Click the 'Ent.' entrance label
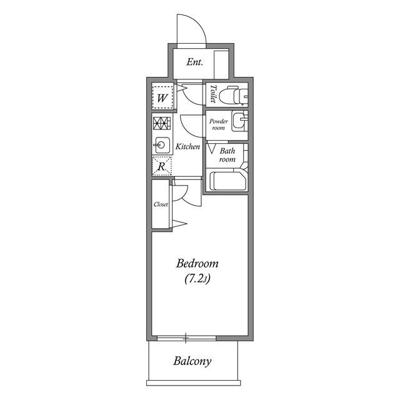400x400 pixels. coord(195,62)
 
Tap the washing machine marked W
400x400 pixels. coord(162,97)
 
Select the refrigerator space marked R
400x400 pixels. coord(161,166)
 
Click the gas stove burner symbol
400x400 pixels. coord(161,123)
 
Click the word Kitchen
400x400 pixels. coord(187,147)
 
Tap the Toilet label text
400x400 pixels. coord(213,94)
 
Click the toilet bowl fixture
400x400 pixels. coord(236,95)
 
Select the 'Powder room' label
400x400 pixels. coord(217,124)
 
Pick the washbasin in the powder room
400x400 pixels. coord(239,120)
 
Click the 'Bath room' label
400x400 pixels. coord(227,155)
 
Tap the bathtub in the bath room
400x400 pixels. coord(229,181)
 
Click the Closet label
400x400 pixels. coord(161,204)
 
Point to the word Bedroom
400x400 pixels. coord(197,263)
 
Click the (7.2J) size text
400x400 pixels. coord(197,279)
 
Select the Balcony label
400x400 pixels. coord(192,361)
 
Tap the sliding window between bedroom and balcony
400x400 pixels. coord(186,339)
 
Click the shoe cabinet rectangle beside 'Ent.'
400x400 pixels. coord(222,62)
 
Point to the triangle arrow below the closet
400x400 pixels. coord(180,223)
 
